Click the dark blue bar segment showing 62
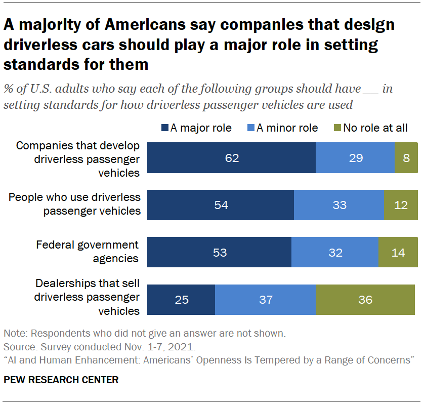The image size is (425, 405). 231,157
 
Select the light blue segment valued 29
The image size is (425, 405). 355,157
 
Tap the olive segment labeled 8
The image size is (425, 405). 406,157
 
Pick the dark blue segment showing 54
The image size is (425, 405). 221,205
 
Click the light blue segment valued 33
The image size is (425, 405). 339,205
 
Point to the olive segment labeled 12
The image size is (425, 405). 401,205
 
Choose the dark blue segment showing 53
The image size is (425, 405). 219,252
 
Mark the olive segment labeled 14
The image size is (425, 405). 398,252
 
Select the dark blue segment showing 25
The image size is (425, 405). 181,299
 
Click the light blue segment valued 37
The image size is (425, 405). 265,299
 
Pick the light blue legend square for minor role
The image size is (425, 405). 251,128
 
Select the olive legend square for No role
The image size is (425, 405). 338,128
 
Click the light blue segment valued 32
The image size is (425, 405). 335,252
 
